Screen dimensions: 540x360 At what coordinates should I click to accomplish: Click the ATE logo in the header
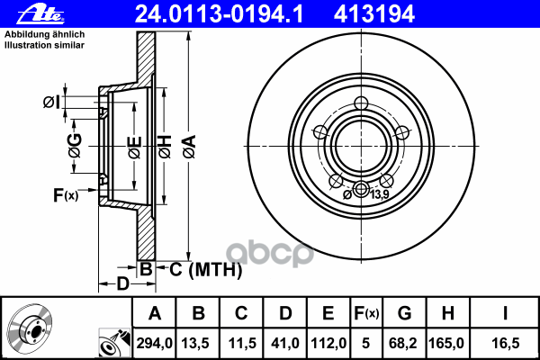(41, 14)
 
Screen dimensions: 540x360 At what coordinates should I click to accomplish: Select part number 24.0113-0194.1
(219, 14)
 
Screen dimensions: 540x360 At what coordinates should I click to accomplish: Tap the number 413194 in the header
(374, 14)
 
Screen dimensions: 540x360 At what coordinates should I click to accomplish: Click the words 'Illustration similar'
(44, 45)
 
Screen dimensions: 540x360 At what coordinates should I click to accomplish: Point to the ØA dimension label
(190, 147)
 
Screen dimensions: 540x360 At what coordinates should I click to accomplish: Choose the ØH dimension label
(165, 147)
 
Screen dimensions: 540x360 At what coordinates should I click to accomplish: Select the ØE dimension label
(135, 147)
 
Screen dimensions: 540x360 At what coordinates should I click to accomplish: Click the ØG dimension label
(75, 146)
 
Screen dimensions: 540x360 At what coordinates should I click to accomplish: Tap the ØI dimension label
(52, 103)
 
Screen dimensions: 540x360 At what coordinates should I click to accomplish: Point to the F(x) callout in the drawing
(66, 195)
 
